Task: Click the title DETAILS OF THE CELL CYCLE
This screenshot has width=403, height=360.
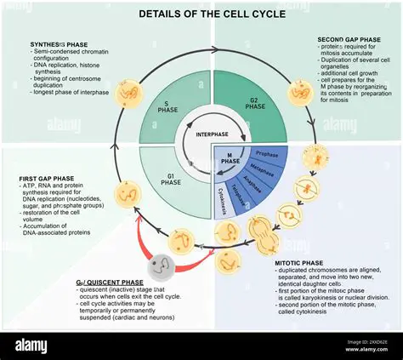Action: (x=201, y=14)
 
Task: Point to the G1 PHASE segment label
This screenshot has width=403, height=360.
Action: (x=171, y=180)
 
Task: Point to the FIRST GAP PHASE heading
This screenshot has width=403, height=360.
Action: (x=50, y=179)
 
